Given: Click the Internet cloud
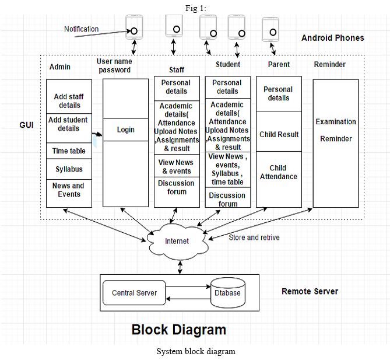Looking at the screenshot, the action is click(177, 242).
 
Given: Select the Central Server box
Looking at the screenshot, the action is click(134, 293).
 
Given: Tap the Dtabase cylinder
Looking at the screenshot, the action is click(228, 293).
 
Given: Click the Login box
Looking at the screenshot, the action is click(125, 130).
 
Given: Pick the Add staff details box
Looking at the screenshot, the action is click(69, 97).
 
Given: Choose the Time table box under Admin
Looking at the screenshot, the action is click(69, 151).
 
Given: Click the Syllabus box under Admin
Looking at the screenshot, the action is click(69, 169).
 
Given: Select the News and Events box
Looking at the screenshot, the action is click(69, 193).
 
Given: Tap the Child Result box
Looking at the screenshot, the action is click(279, 131).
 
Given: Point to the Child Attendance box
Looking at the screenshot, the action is click(279, 179).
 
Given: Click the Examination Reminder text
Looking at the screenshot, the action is click(336, 130).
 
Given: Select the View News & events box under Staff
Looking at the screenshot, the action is click(177, 166).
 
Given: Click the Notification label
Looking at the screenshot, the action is click(82, 29).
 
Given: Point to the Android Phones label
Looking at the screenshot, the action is click(333, 38).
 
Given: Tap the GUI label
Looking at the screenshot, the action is click(26, 125).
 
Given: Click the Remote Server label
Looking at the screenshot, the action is click(310, 291).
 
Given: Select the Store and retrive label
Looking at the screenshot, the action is click(254, 237).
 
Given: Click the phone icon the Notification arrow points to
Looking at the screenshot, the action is click(134, 27).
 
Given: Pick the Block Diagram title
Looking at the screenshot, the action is click(179, 330).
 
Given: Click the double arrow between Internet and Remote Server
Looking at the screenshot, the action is click(180, 267).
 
